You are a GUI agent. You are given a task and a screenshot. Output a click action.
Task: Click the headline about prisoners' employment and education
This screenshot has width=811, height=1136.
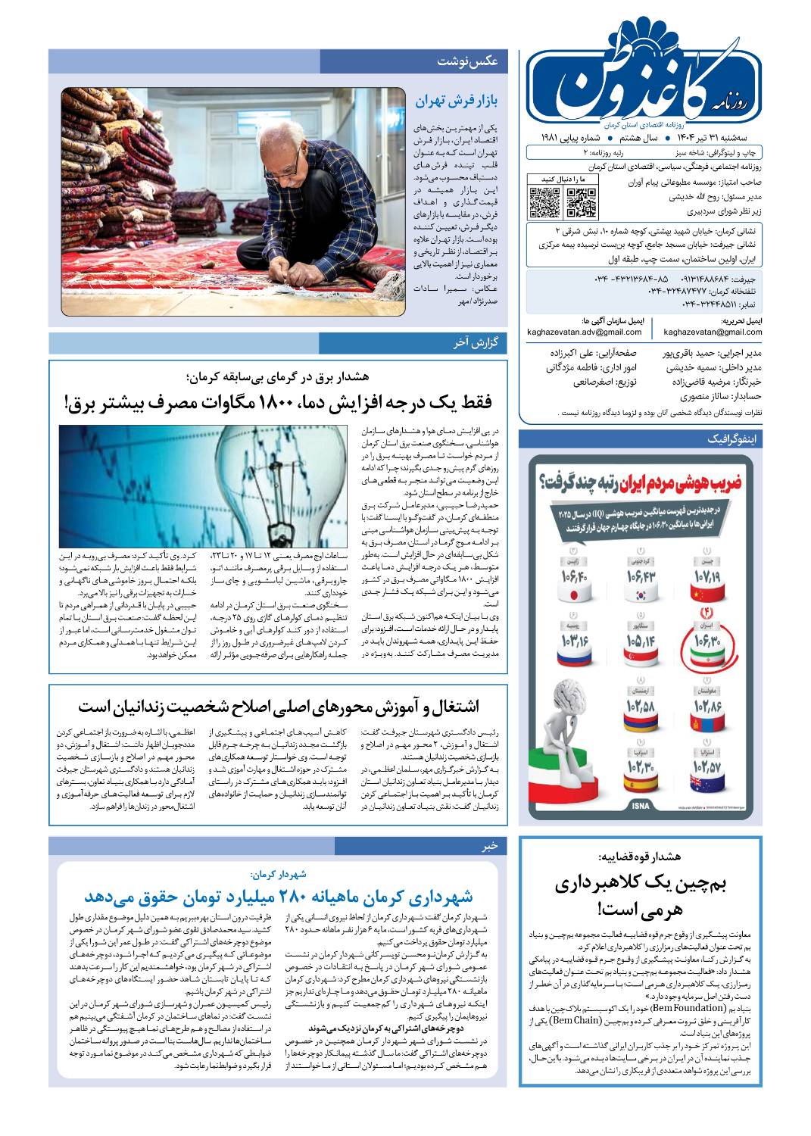point(278,706)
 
